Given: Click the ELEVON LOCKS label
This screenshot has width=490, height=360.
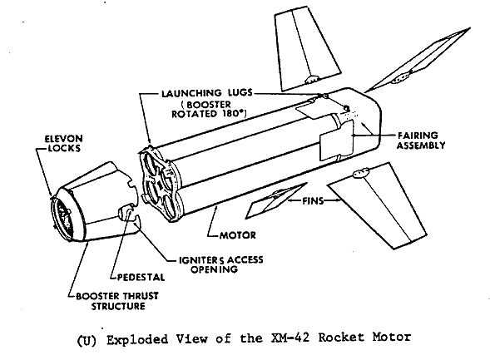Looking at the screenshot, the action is pyautogui.click(x=64, y=143).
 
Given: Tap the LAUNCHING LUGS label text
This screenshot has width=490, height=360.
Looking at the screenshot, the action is pyautogui.click(x=207, y=93).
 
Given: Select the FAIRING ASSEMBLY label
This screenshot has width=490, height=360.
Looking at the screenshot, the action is pyautogui.click(x=421, y=141).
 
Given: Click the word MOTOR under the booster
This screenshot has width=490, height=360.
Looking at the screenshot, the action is pyautogui.click(x=238, y=234).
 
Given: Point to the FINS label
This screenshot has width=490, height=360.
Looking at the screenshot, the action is pyautogui.click(x=313, y=200).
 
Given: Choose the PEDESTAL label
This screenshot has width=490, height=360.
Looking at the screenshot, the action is pyautogui.click(x=141, y=277).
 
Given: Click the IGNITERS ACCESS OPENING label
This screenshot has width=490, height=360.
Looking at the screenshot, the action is pyautogui.click(x=220, y=264).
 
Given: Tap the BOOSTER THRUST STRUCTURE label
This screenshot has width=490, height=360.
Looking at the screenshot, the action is pyautogui.click(x=117, y=301).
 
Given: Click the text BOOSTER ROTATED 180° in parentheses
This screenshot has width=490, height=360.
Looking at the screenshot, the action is pyautogui.click(x=209, y=109).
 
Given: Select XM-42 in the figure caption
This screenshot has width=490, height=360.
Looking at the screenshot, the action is pyautogui.click(x=290, y=338).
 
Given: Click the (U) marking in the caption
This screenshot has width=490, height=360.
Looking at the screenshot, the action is pyautogui.click(x=87, y=339).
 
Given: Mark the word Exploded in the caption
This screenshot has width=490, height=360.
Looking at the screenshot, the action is pyautogui.click(x=137, y=339).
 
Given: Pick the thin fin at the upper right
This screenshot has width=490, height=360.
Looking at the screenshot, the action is pyautogui.click(x=418, y=62).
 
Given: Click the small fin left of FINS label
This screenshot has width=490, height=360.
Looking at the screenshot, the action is pyautogui.click(x=275, y=200).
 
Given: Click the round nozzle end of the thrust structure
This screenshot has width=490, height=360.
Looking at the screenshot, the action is pyautogui.click(x=63, y=215).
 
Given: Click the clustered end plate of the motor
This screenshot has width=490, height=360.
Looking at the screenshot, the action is pyautogui.click(x=161, y=185).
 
